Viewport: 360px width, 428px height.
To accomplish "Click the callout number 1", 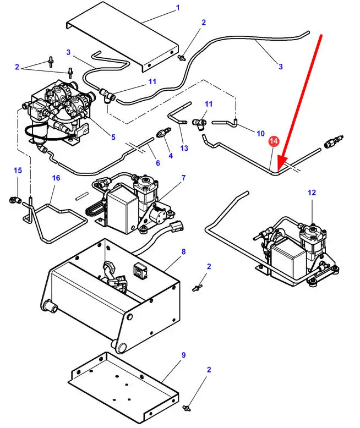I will coord(178,8).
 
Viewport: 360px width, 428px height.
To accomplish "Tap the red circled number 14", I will coord(274,141).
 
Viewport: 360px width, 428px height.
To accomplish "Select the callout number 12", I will coord(312,193).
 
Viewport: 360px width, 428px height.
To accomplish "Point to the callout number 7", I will coord(183,178).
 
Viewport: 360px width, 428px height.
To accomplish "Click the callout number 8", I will coord(184,252).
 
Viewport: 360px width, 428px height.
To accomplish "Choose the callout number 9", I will coord(184,355).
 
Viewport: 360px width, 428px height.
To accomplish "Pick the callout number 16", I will coord(56,178).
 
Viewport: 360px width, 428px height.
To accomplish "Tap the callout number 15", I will coord(17,171).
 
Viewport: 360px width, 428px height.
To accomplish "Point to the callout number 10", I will coord(260,134).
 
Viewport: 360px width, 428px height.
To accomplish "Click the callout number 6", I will coord(157,163).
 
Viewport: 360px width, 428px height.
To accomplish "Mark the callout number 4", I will coord(171,156).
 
